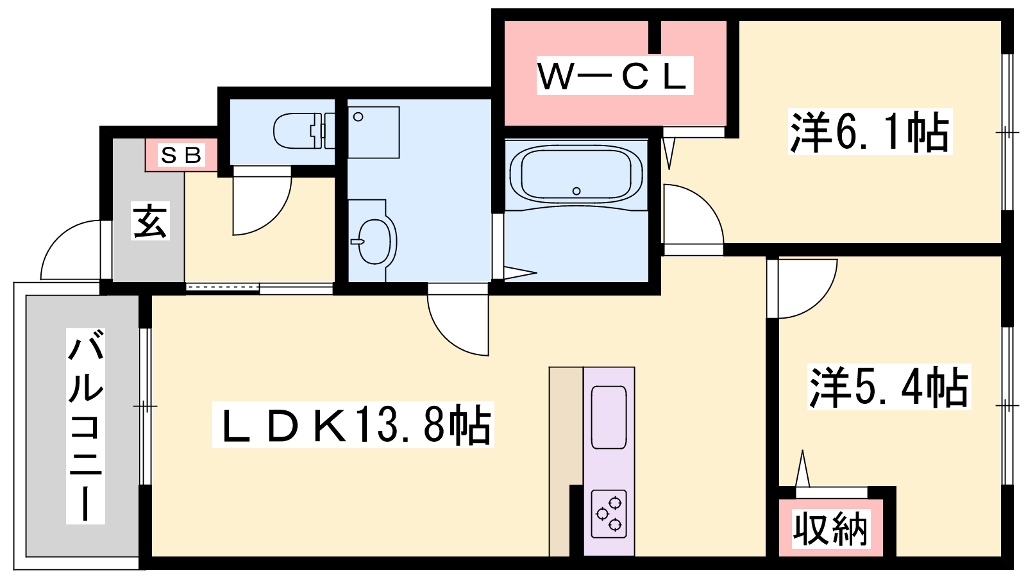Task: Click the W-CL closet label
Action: coord(615,76)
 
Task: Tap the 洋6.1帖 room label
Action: coord(870,132)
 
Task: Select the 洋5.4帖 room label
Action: coord(889,387)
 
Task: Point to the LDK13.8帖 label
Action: coord(353,424)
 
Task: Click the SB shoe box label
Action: coord(181,155)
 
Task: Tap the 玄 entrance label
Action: coord(151,221)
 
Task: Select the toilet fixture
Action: coord(304,131)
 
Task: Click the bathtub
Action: coord(576,174)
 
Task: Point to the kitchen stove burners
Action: coord(609,514)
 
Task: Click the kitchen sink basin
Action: coord(609,417)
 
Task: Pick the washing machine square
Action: coord(374,133)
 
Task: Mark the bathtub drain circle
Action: coord(576,191)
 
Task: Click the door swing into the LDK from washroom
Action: coord(446,337)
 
